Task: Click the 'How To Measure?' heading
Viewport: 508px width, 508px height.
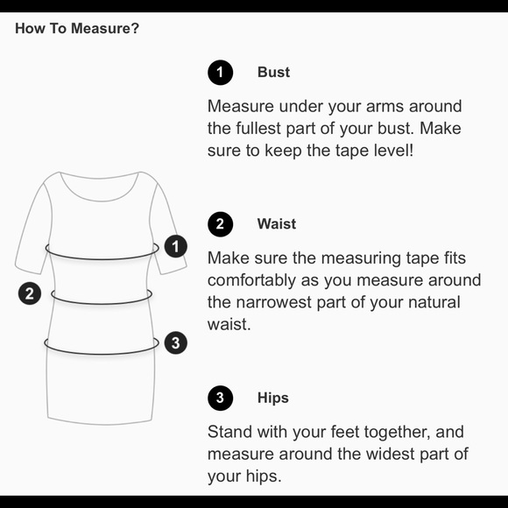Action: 77,29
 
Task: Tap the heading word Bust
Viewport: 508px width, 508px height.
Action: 273,72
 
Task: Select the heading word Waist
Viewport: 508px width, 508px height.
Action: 277,224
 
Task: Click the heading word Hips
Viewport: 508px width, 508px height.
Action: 272,399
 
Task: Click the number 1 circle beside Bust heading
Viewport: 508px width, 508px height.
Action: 221,72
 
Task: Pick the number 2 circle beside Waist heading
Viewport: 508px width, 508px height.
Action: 221,224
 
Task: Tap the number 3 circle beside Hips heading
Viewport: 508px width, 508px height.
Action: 221,399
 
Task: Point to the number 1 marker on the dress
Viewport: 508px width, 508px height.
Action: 175,246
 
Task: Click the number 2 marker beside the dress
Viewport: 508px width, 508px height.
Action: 30,293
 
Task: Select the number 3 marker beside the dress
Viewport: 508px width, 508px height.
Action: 175,342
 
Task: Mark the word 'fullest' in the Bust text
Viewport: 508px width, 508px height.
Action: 258,128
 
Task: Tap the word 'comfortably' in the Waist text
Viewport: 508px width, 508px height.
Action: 251,280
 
